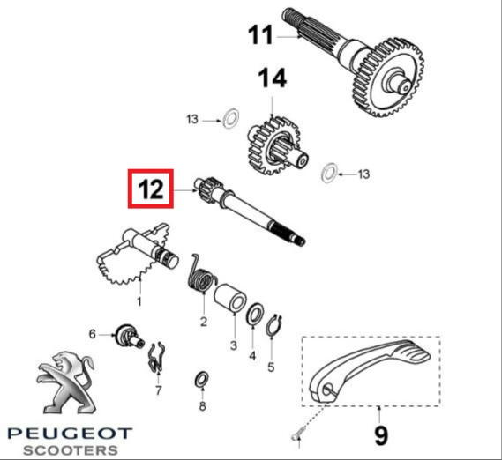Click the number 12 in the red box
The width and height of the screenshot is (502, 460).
(151, 189)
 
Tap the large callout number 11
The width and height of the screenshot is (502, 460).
(260, 34)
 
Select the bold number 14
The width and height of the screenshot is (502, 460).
(272, 78)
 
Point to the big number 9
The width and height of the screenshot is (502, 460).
(381, 434)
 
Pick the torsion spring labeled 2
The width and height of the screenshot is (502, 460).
(201, 274)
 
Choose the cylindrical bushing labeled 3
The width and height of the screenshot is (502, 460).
(230, 297)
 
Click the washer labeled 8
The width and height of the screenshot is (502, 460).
(202, 380)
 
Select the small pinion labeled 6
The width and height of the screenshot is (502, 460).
(130, 336)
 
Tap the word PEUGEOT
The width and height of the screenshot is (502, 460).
(70, 434)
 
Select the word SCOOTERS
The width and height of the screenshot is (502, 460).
(71, 450)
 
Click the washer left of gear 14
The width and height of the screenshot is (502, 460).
(231, 119)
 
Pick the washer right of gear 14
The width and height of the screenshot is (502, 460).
(329, 173)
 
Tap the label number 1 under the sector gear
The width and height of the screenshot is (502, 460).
(139, 301)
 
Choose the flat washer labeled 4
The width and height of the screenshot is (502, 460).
(255, 315)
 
